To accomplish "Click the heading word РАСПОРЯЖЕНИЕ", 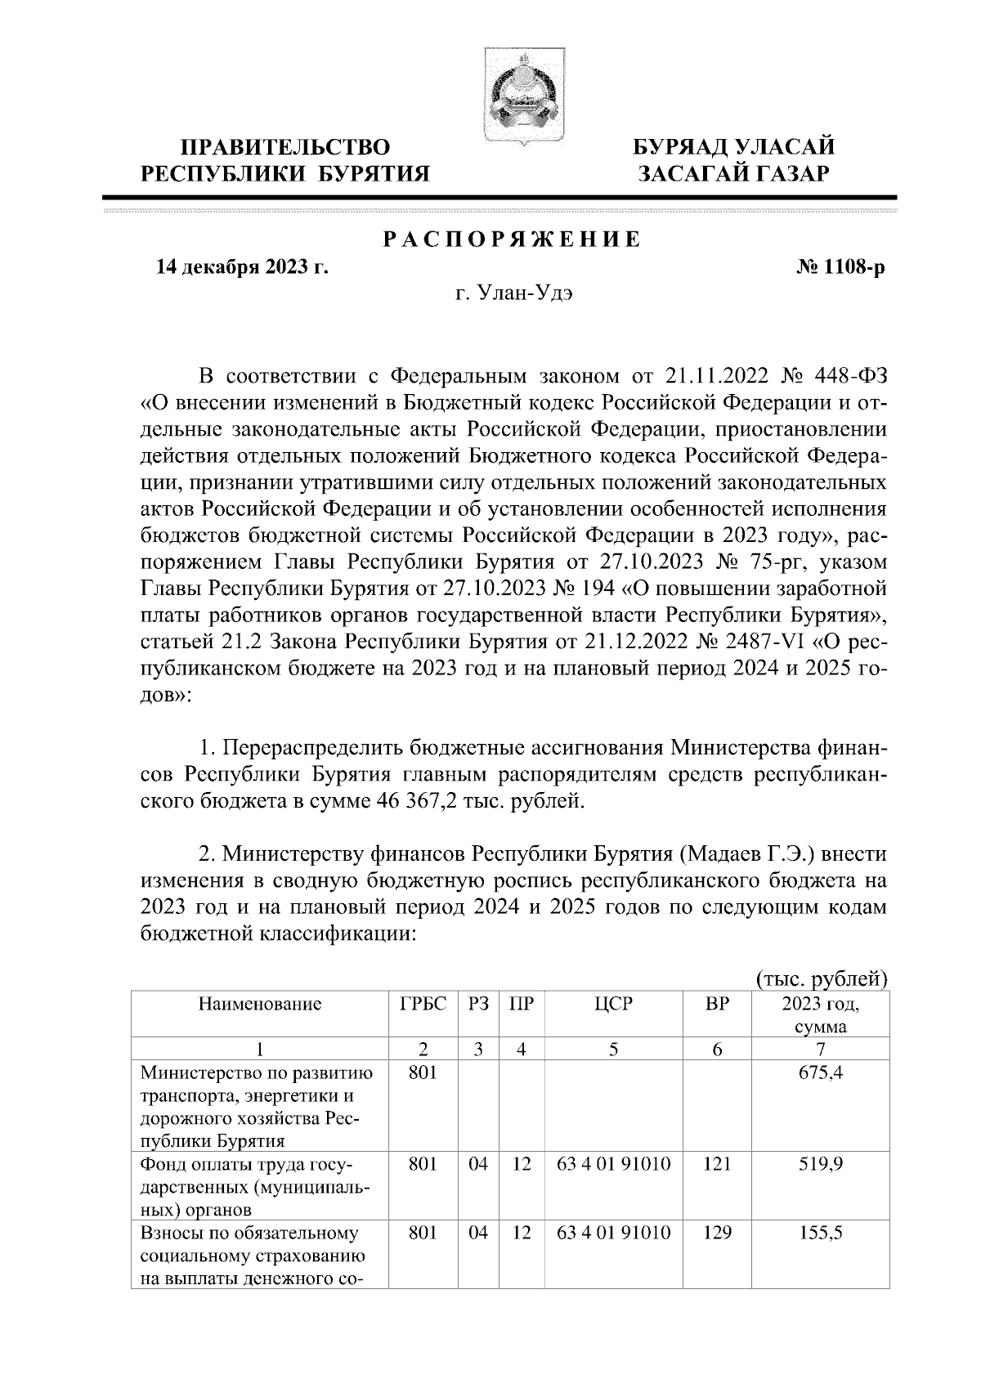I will pyautogui.click(x=513, y=241).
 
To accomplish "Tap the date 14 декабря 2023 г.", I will pyautogui.click(x=242, y=266).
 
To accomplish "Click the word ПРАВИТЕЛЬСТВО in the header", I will pyautogui.click(x=285, y=148).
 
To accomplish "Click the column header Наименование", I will pyautogui.click(x=259, y=1005).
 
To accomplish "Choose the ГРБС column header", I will pyautogui.click(x=423, y=1005).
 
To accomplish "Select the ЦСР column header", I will pyautogui.click(x=614, y=1005).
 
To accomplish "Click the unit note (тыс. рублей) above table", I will pyautogui.click(x=822, y=978).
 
